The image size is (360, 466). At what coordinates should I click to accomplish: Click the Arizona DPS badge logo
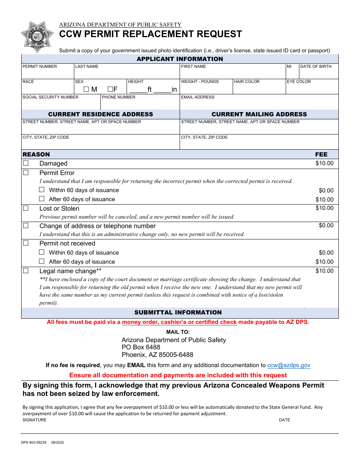point(37,37)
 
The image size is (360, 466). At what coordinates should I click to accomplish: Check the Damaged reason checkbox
point(26,163)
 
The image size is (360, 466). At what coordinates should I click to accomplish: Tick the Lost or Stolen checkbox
point(26,208)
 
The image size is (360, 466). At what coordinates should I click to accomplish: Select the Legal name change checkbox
point(26,271)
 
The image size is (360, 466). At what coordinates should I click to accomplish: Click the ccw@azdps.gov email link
point(288,365)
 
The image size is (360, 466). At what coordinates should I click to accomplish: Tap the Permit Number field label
point(40,66)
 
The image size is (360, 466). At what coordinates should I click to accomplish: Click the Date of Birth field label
point(315,66)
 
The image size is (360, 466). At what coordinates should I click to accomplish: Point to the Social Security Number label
point(50,97)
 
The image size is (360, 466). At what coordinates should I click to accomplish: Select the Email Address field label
point(197,97)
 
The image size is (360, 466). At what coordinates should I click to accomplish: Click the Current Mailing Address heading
point(259,114)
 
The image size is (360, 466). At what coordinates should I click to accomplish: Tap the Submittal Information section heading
point(178,312)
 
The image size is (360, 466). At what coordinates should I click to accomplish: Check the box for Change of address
point(26,225)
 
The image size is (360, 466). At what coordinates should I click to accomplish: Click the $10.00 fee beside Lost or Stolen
point(324,208)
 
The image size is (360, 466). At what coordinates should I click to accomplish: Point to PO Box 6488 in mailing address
point(141,347)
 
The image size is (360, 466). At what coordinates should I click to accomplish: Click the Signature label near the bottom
point(34,420)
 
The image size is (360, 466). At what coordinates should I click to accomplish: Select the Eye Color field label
point(299,81)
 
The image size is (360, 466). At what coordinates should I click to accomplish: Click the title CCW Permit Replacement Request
point(150,34)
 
